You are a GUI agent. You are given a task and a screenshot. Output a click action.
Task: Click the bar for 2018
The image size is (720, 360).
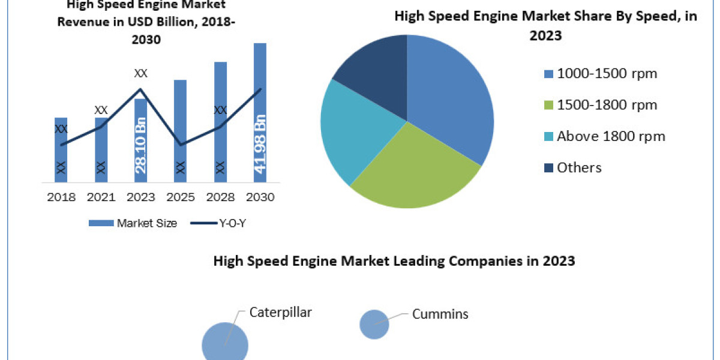pyautogui.click(x=61, y=149)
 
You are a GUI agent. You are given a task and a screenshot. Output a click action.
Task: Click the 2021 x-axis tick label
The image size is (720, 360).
pyautogui.click(x=100, y=197)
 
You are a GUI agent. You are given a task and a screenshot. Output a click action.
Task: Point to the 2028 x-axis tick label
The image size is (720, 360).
pyautogui.click(x=220, y=197)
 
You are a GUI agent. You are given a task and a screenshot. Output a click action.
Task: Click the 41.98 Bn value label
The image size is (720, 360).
pyautogui.click(x=260, y=147)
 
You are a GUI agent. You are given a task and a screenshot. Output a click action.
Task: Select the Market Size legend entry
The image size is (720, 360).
pyautogui.click(x=133, y=223)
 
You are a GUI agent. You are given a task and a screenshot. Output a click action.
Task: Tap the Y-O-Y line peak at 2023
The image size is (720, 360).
pyautogui.click(x=140, y=89)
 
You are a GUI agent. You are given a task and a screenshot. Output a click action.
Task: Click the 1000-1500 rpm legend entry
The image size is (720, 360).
pyautogui.click(x=600, y=74)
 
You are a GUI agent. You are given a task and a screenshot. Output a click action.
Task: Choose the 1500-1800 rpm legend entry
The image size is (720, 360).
pyautogui.click(x=600, y=105)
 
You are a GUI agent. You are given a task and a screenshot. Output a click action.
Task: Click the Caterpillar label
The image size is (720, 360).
pyautogui.click(x=281, y=312)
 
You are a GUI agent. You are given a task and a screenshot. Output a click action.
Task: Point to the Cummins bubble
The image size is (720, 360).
pyautogui.click(x=374, y=325)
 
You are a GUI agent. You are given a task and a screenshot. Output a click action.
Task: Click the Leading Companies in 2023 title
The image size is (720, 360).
pyautogui.click(x=394, y=262)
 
